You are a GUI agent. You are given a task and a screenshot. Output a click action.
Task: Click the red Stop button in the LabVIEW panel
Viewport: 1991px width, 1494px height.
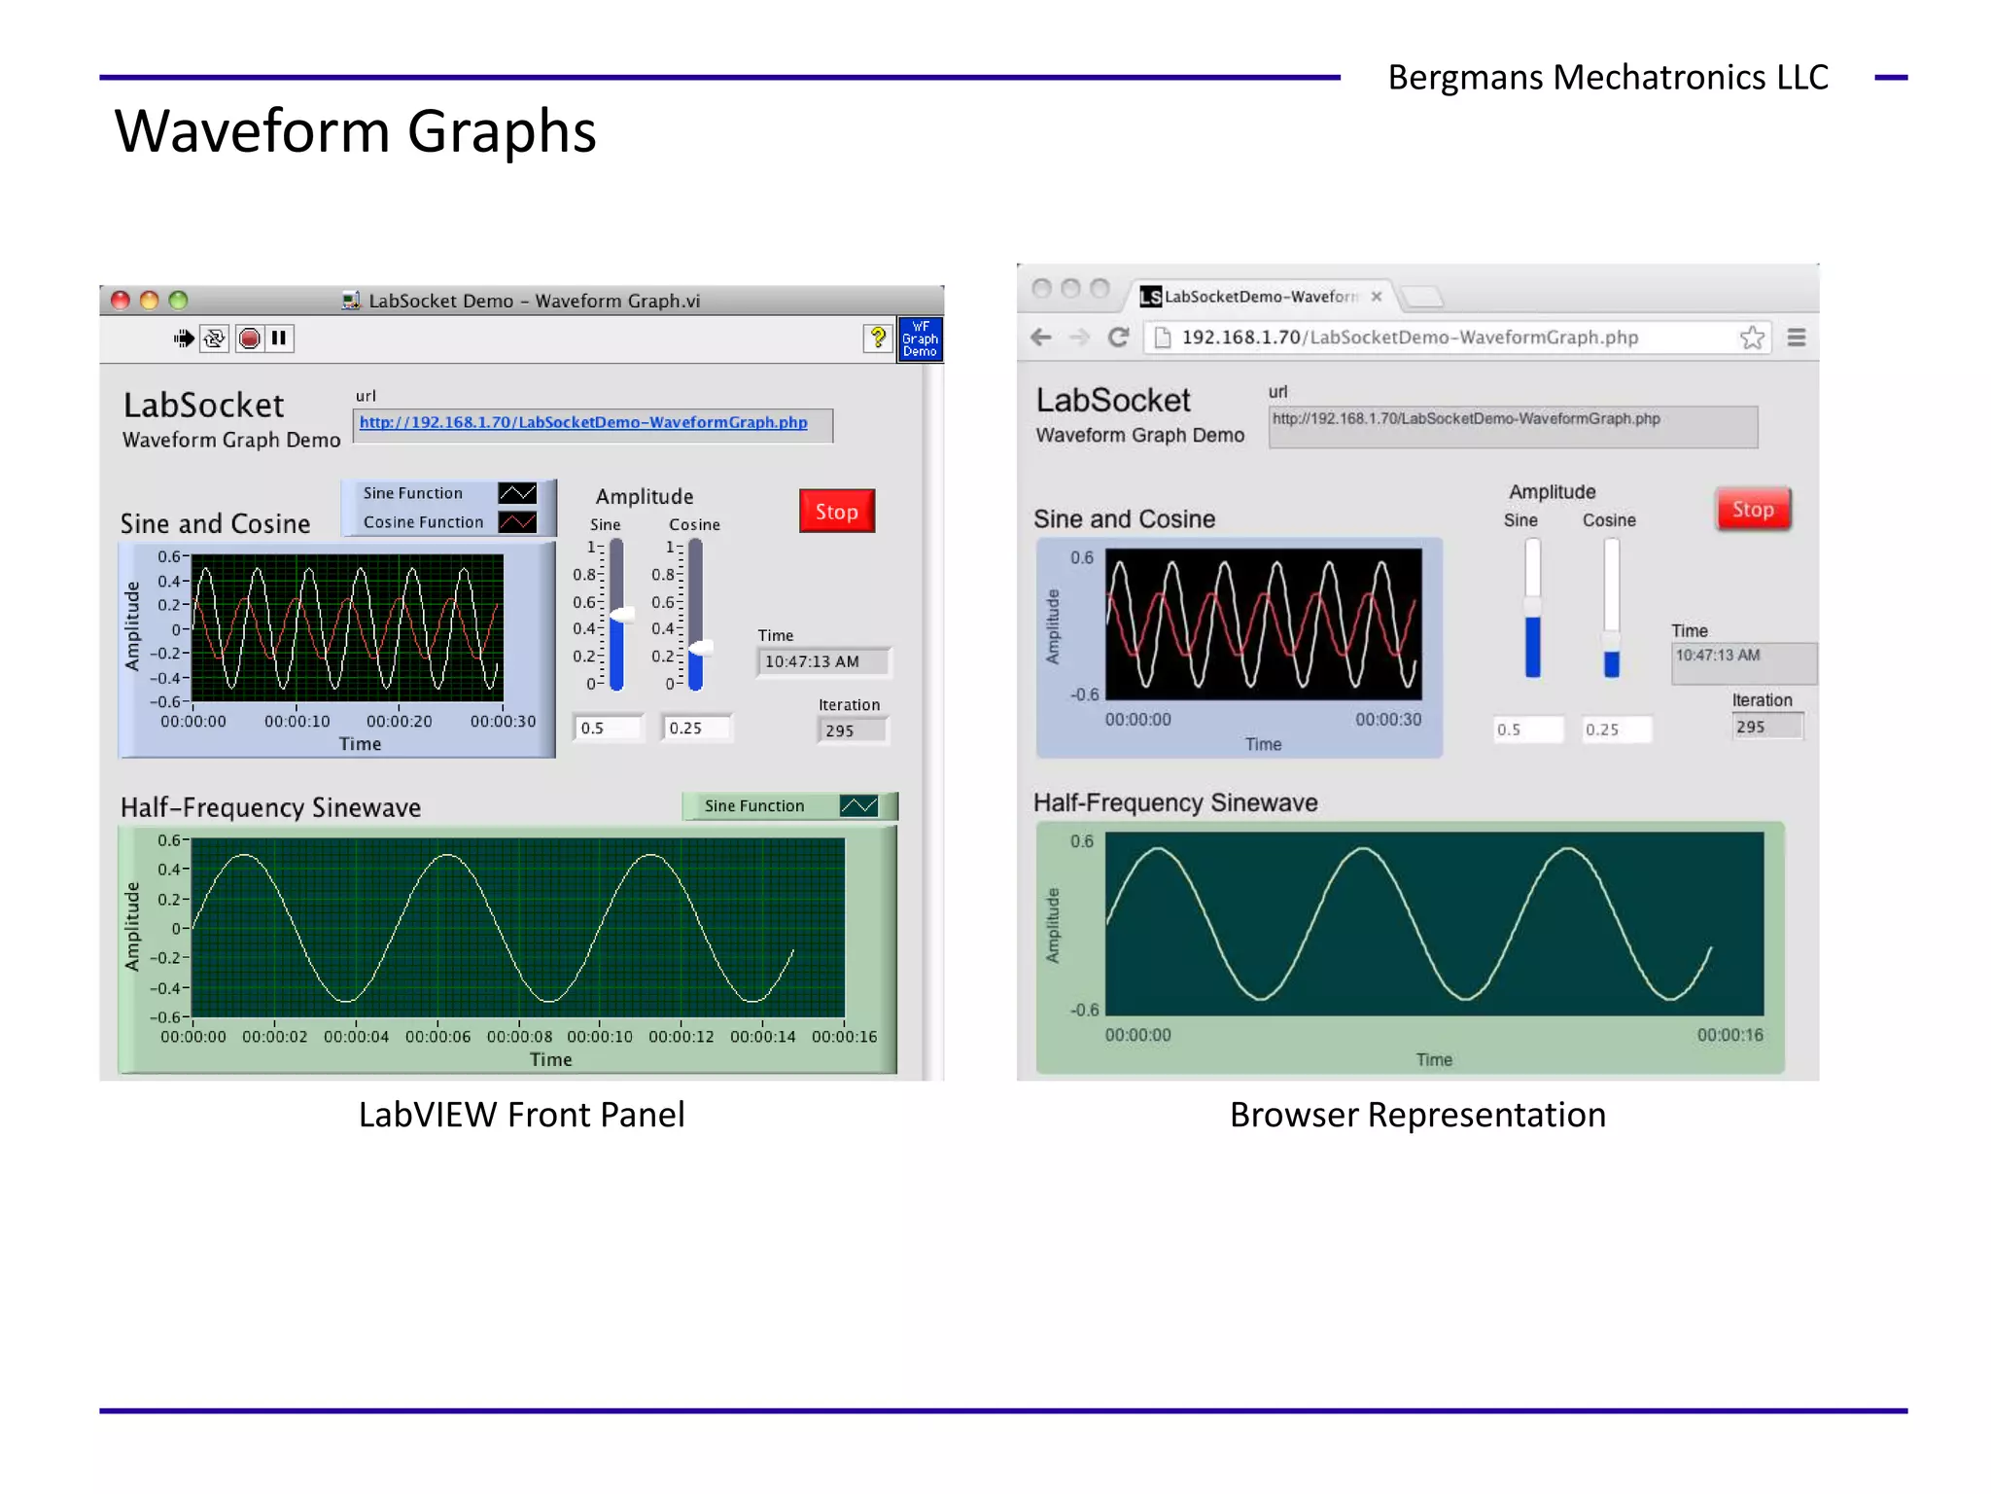pyautogui.click(x=836, y=512)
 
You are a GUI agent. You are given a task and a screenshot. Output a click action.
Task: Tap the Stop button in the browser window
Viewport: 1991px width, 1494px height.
pyautogui.click(x=1752, y=510)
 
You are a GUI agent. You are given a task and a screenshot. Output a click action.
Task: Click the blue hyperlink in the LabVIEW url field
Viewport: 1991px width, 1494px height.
pyautogui.click(x=583, y=422)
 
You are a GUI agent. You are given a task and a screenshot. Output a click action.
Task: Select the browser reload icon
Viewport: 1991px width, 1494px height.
pyautogui.click(x=1119, y=338)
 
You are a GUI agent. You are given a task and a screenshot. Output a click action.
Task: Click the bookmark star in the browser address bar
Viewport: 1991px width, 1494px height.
pyautogui.click(x=1752, y=338)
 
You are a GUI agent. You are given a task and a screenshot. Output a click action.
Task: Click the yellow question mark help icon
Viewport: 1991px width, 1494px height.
pyautogui.click(x=878, y=338)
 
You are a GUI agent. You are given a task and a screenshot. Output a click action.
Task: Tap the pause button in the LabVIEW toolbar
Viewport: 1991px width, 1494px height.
pyautogui.click(x=279, y=338)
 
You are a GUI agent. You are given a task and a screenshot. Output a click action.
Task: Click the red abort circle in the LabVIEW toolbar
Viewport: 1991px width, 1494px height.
pyautogui.click(x=250, y=338)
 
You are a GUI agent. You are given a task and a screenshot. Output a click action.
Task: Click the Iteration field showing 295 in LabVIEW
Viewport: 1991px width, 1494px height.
pyautogui.click(x=852, y=730)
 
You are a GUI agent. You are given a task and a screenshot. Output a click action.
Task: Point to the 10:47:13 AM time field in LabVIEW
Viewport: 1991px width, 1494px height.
pyautogui.click(x=822, y=661)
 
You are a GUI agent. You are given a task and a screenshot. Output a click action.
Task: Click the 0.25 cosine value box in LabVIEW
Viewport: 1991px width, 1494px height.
pyautogui.click(x=696, y=729)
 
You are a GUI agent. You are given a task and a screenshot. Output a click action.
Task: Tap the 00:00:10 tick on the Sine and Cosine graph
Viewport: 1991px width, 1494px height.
pyautogui.click(x=297, y=722)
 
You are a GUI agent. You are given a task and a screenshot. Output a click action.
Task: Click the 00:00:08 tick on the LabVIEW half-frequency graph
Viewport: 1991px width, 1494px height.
pyautogui.click(x=519, y=1037)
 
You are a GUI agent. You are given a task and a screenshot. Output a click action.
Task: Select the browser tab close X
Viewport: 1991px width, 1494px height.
pyautogui.click(x=1377, y=297)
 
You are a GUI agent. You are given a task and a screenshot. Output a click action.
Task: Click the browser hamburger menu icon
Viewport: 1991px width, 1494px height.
pyautogui.click(x=1797, y=338)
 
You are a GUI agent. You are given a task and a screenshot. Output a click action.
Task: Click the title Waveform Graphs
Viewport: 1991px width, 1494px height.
pyautogui.click(x=356, y=131)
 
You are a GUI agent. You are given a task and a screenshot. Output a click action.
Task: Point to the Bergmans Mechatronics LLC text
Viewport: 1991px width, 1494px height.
pyautogui.click(x=1608, y=78)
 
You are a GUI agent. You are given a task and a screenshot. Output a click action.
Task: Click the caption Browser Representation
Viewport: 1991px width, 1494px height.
pyautogui.click(x=1417, y=1115)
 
